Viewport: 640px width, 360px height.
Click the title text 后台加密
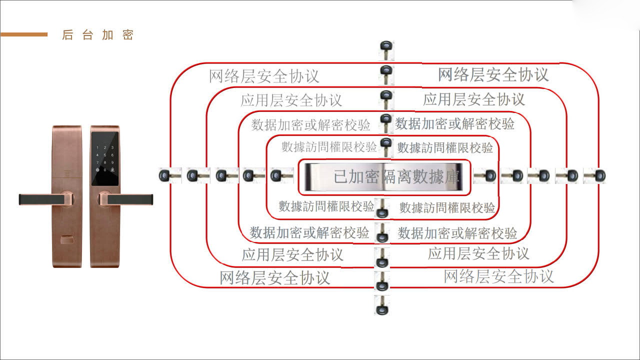click(97, 35)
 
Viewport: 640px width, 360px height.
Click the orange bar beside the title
click(24, 34)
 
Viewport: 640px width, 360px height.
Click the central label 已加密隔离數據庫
click(395, 177)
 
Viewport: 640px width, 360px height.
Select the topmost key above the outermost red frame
click(385, 50)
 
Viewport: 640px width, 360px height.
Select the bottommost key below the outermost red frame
click(381, 305)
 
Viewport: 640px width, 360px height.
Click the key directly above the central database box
click(385, 147)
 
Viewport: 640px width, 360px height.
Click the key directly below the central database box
click(382, 208)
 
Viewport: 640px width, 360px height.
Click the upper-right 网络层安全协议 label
click(493, 74)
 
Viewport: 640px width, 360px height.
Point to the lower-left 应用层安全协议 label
click(292, 254)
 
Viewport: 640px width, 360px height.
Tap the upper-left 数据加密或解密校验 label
click(311, 124)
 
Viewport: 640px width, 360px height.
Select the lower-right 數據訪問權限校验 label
click(447, 207)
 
